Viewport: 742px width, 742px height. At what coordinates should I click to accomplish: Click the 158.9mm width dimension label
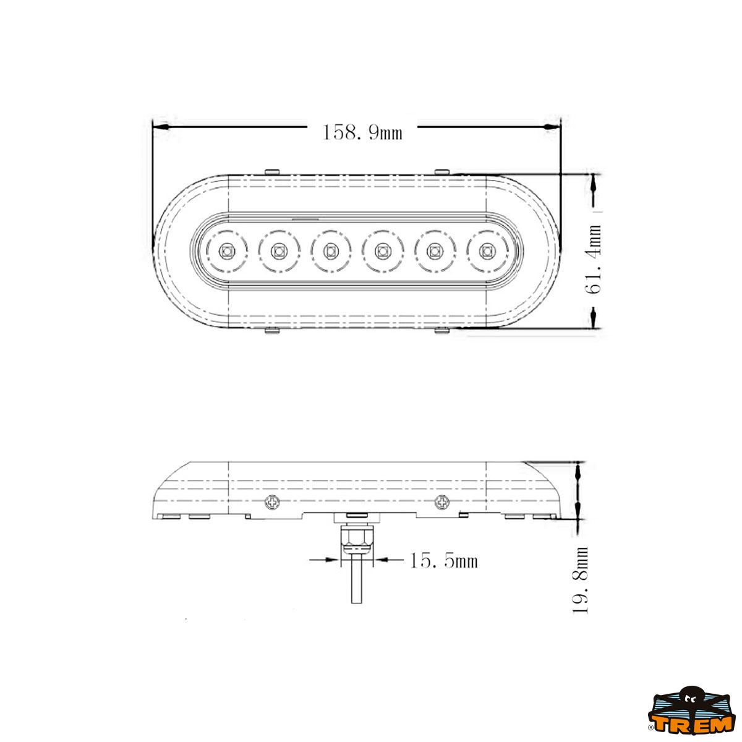(362, 132)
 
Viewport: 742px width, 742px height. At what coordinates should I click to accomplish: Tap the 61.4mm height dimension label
(593, 259)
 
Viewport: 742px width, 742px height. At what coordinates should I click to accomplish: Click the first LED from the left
(226, 252)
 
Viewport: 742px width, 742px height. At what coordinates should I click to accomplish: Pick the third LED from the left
(330, 252)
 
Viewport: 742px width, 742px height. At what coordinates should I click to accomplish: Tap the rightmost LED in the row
(487, 252)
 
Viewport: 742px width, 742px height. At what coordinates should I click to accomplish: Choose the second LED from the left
(278, 252)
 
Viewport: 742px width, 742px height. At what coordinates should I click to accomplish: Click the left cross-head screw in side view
(273, 502)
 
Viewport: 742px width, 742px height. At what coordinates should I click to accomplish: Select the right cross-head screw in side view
(441, 501)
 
